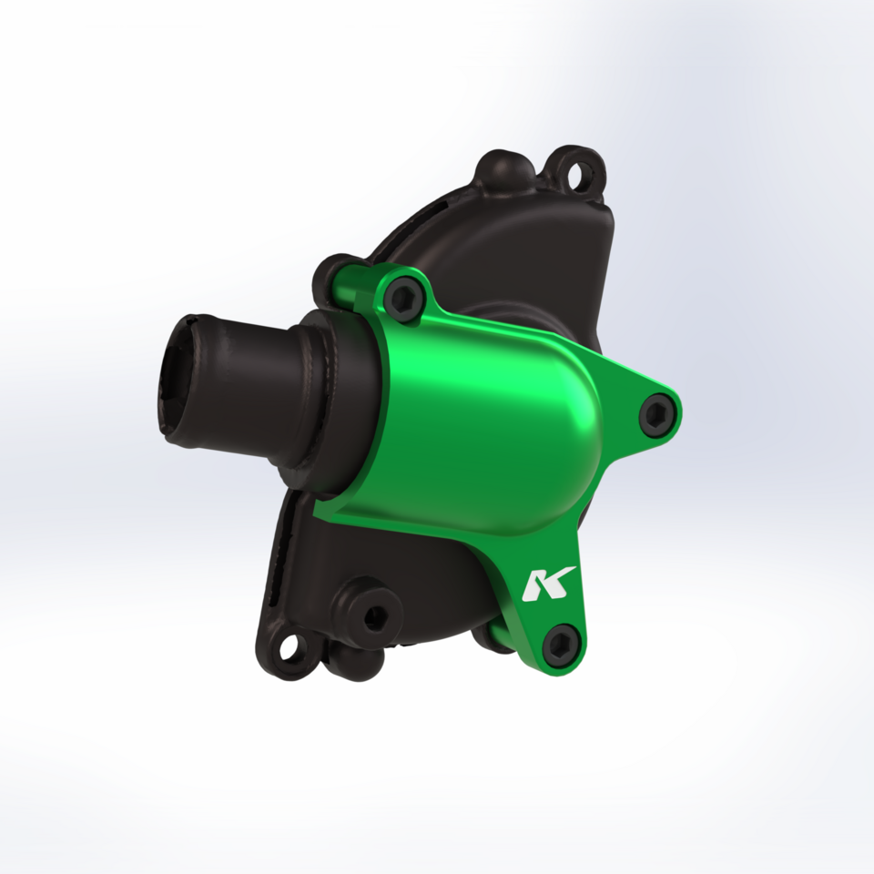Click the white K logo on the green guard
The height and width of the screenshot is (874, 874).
click(x=548, y=584)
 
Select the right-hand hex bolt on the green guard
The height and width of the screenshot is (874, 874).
click(x=657, y=413)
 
